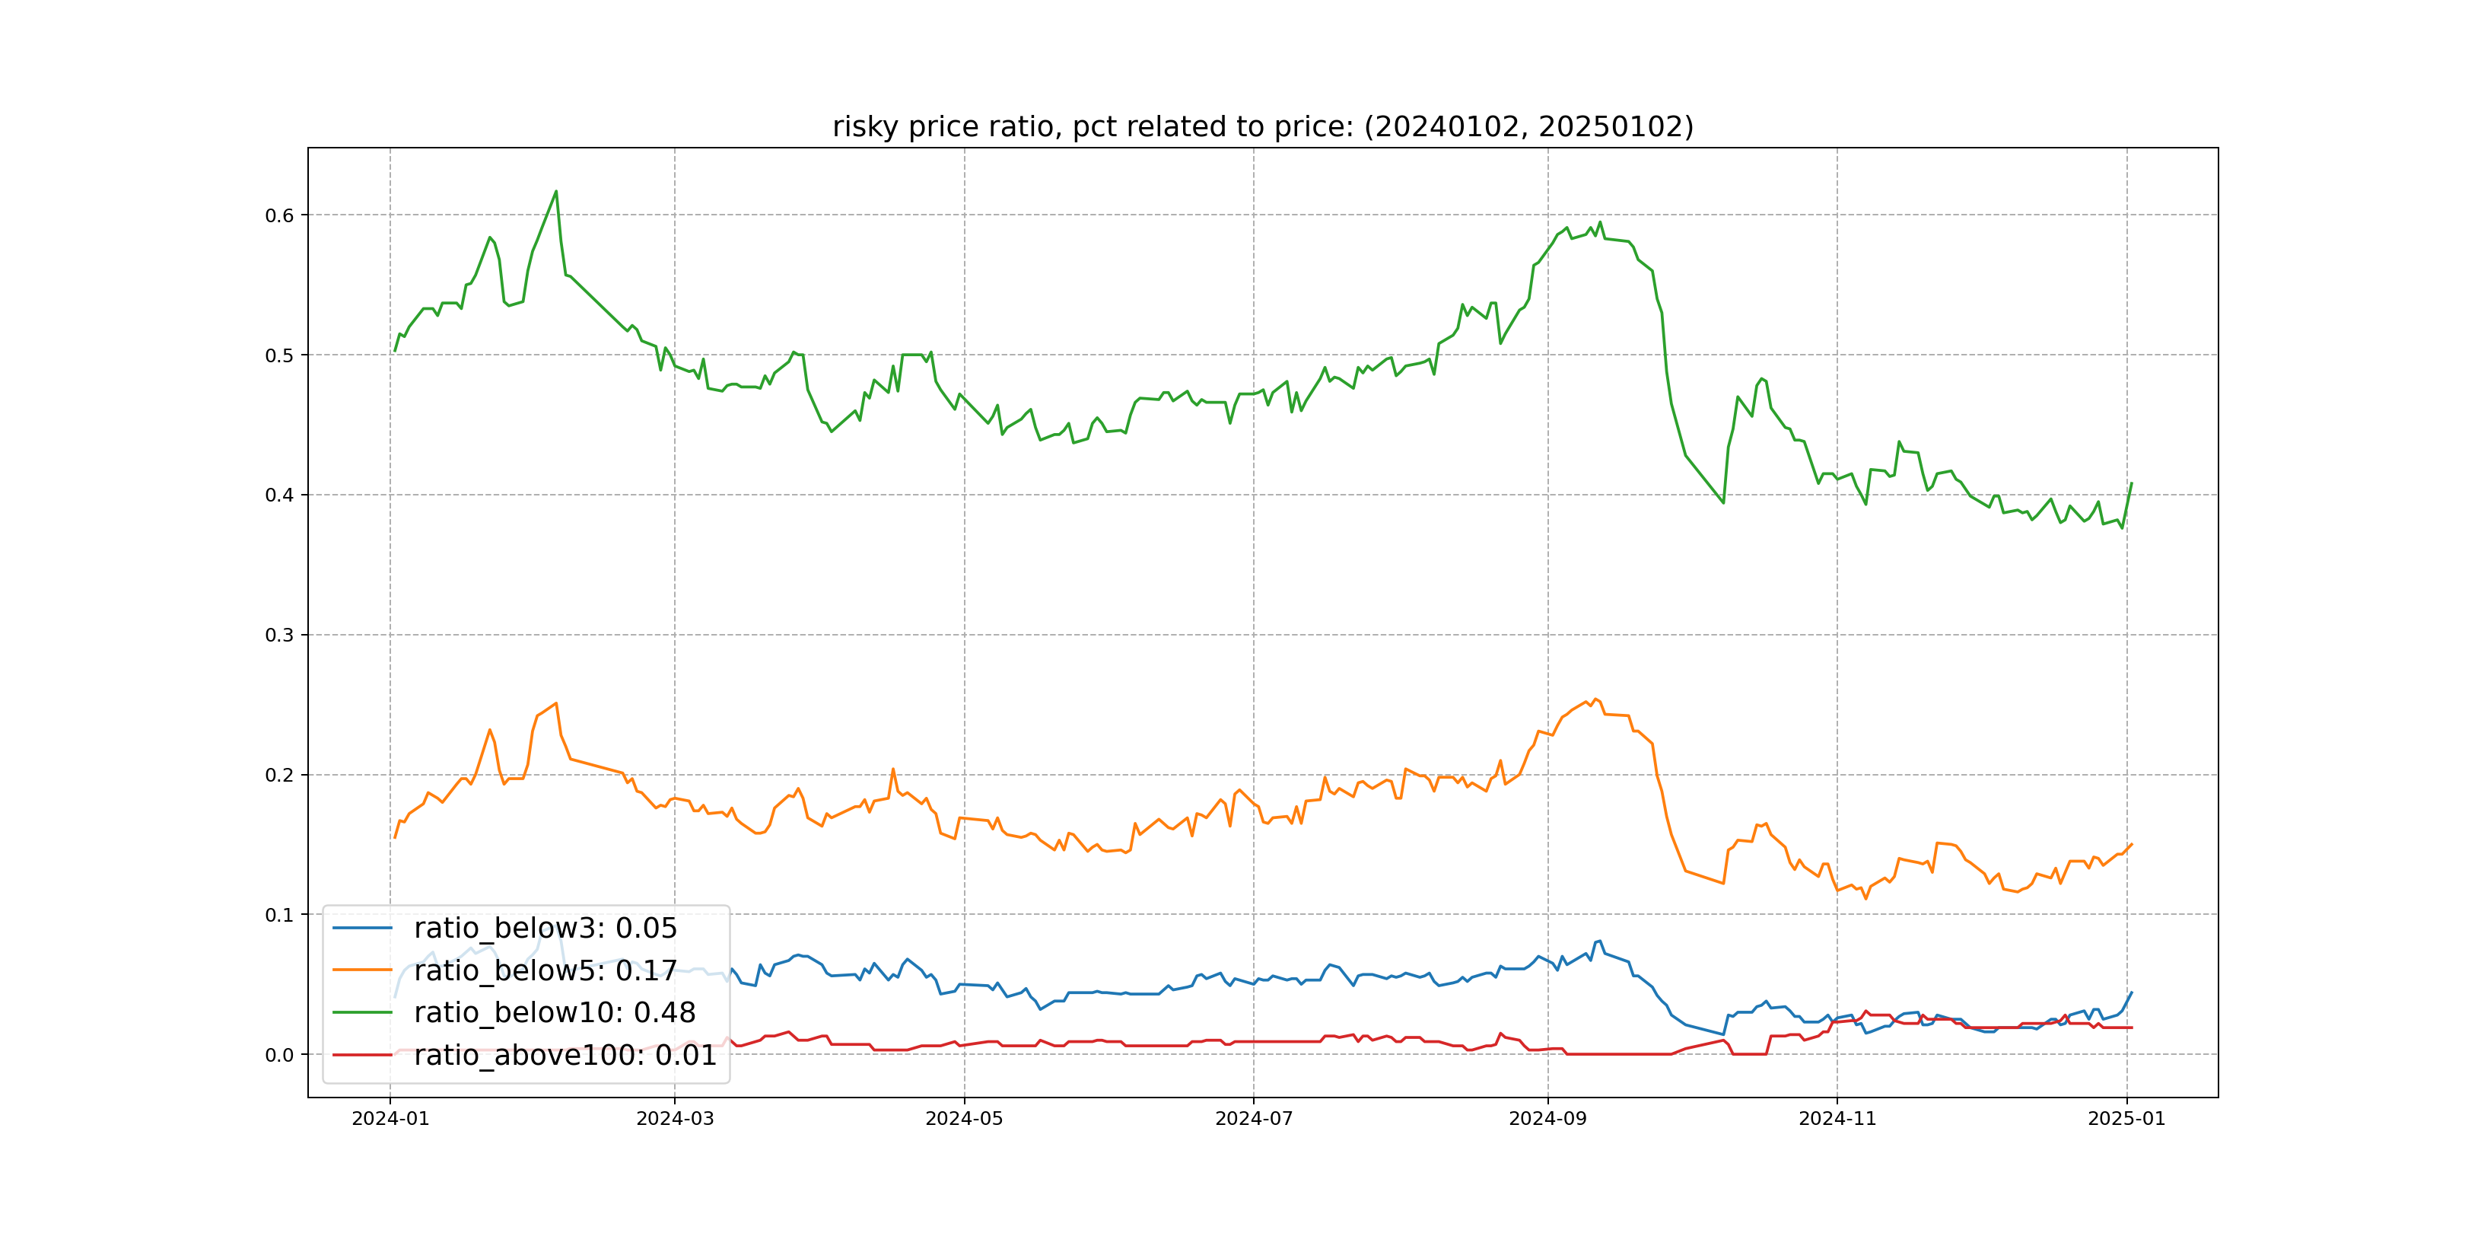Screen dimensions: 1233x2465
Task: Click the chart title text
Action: [1262, 126]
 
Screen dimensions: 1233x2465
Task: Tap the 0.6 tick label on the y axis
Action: [279, 215]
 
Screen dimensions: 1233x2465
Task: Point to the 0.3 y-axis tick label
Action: [279, 635]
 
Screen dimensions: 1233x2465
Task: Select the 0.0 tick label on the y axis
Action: [279, 1055]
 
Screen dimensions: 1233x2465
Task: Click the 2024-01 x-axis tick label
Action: [390, 1118]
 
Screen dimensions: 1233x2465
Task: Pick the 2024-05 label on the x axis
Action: [964, 1118]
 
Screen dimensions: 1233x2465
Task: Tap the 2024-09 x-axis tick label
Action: [1547, 1118]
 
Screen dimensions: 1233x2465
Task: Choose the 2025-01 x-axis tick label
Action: [2126, 1118]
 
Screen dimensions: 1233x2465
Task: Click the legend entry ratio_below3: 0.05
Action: [545, 928]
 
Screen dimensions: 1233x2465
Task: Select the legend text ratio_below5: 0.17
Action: [545, 970]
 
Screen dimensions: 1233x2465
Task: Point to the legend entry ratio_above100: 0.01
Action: [565, 1055]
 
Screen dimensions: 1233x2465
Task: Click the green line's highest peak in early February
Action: [556, 192]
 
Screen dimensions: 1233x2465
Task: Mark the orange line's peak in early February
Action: [556, 703]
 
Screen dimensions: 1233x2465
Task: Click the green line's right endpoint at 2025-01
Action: [2132, 483]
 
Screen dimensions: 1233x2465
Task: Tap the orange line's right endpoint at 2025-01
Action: [2132, 844]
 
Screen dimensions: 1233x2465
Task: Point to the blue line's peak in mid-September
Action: [1599, 941]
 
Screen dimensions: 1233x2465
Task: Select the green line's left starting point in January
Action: [395, 350]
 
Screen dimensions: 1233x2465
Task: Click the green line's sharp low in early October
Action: [1723, 502]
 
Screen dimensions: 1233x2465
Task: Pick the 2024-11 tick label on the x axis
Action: [1837, 1118]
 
